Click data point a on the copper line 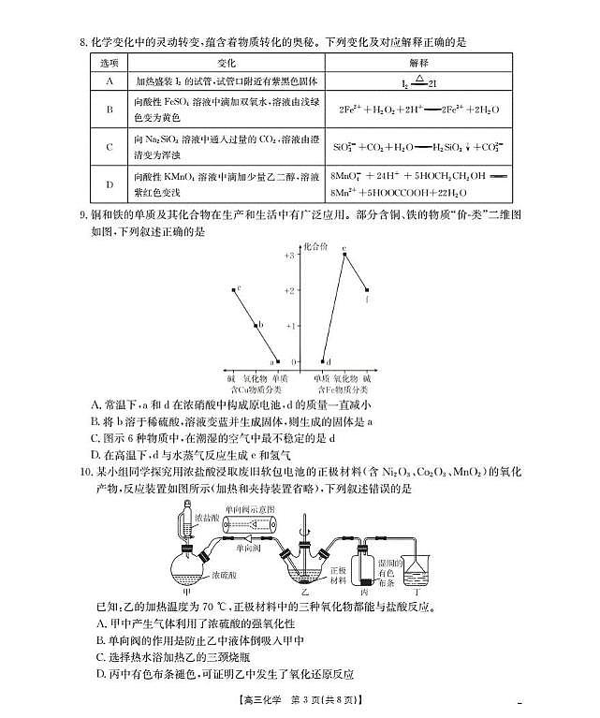tap(277, 360)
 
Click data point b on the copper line tap(256, 326)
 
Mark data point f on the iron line tap(367, 290)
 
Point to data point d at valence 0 tap(321, 360)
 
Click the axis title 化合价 tap(315, 244)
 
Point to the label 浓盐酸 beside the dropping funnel tap(208, 517)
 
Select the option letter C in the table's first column tap(110, 146)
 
